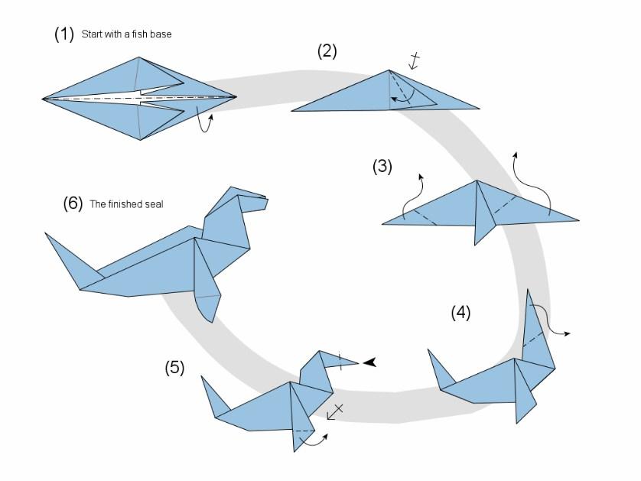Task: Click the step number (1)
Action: pos(63,34)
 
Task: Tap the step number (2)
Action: pos(327,51)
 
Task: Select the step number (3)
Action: pos(382,166)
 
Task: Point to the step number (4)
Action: pos(460,312)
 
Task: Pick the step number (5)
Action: pos(174,368)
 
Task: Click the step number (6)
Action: pos(73,204)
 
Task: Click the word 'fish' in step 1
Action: pos(148,34)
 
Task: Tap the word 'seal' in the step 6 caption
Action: pos(155,204)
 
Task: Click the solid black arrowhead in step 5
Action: pos(369,362)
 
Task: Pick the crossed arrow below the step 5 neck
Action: pos(334,411)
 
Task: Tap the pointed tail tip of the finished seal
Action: pos(47,235)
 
